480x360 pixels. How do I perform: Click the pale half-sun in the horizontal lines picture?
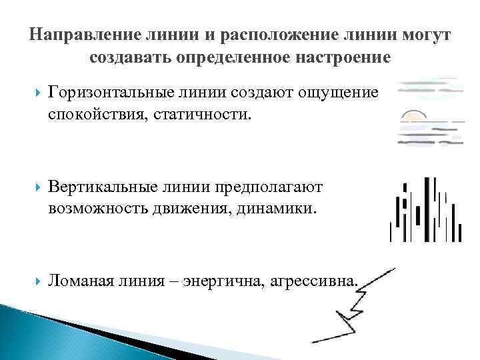[x=413, y=116]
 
